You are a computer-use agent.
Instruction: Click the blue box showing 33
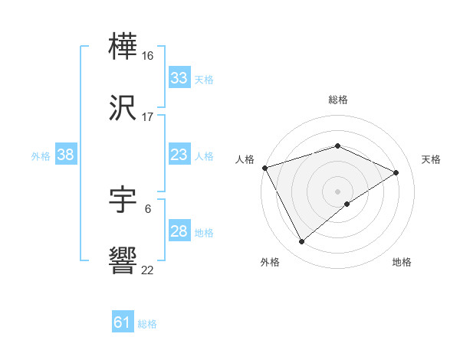point(179,78)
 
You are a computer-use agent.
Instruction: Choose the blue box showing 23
point(179,155)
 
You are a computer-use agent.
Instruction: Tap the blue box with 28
point(179,231)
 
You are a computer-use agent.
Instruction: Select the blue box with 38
point(65,155)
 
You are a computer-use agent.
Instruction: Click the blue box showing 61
point(122,322)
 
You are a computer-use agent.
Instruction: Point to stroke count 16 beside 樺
point(149,55)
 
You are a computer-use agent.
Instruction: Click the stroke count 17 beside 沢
point(149,117)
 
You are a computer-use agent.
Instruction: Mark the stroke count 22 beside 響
point(148,270)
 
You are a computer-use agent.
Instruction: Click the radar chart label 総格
point(338,100)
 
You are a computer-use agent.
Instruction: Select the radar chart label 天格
point(431,159)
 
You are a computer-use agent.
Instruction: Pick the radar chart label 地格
point(402,263)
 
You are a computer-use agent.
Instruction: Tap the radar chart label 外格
point(270,263)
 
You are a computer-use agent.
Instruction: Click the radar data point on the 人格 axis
point(264,168)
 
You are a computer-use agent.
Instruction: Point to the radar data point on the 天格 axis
point(396,172)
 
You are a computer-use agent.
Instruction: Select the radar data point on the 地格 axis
point(347,204)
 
